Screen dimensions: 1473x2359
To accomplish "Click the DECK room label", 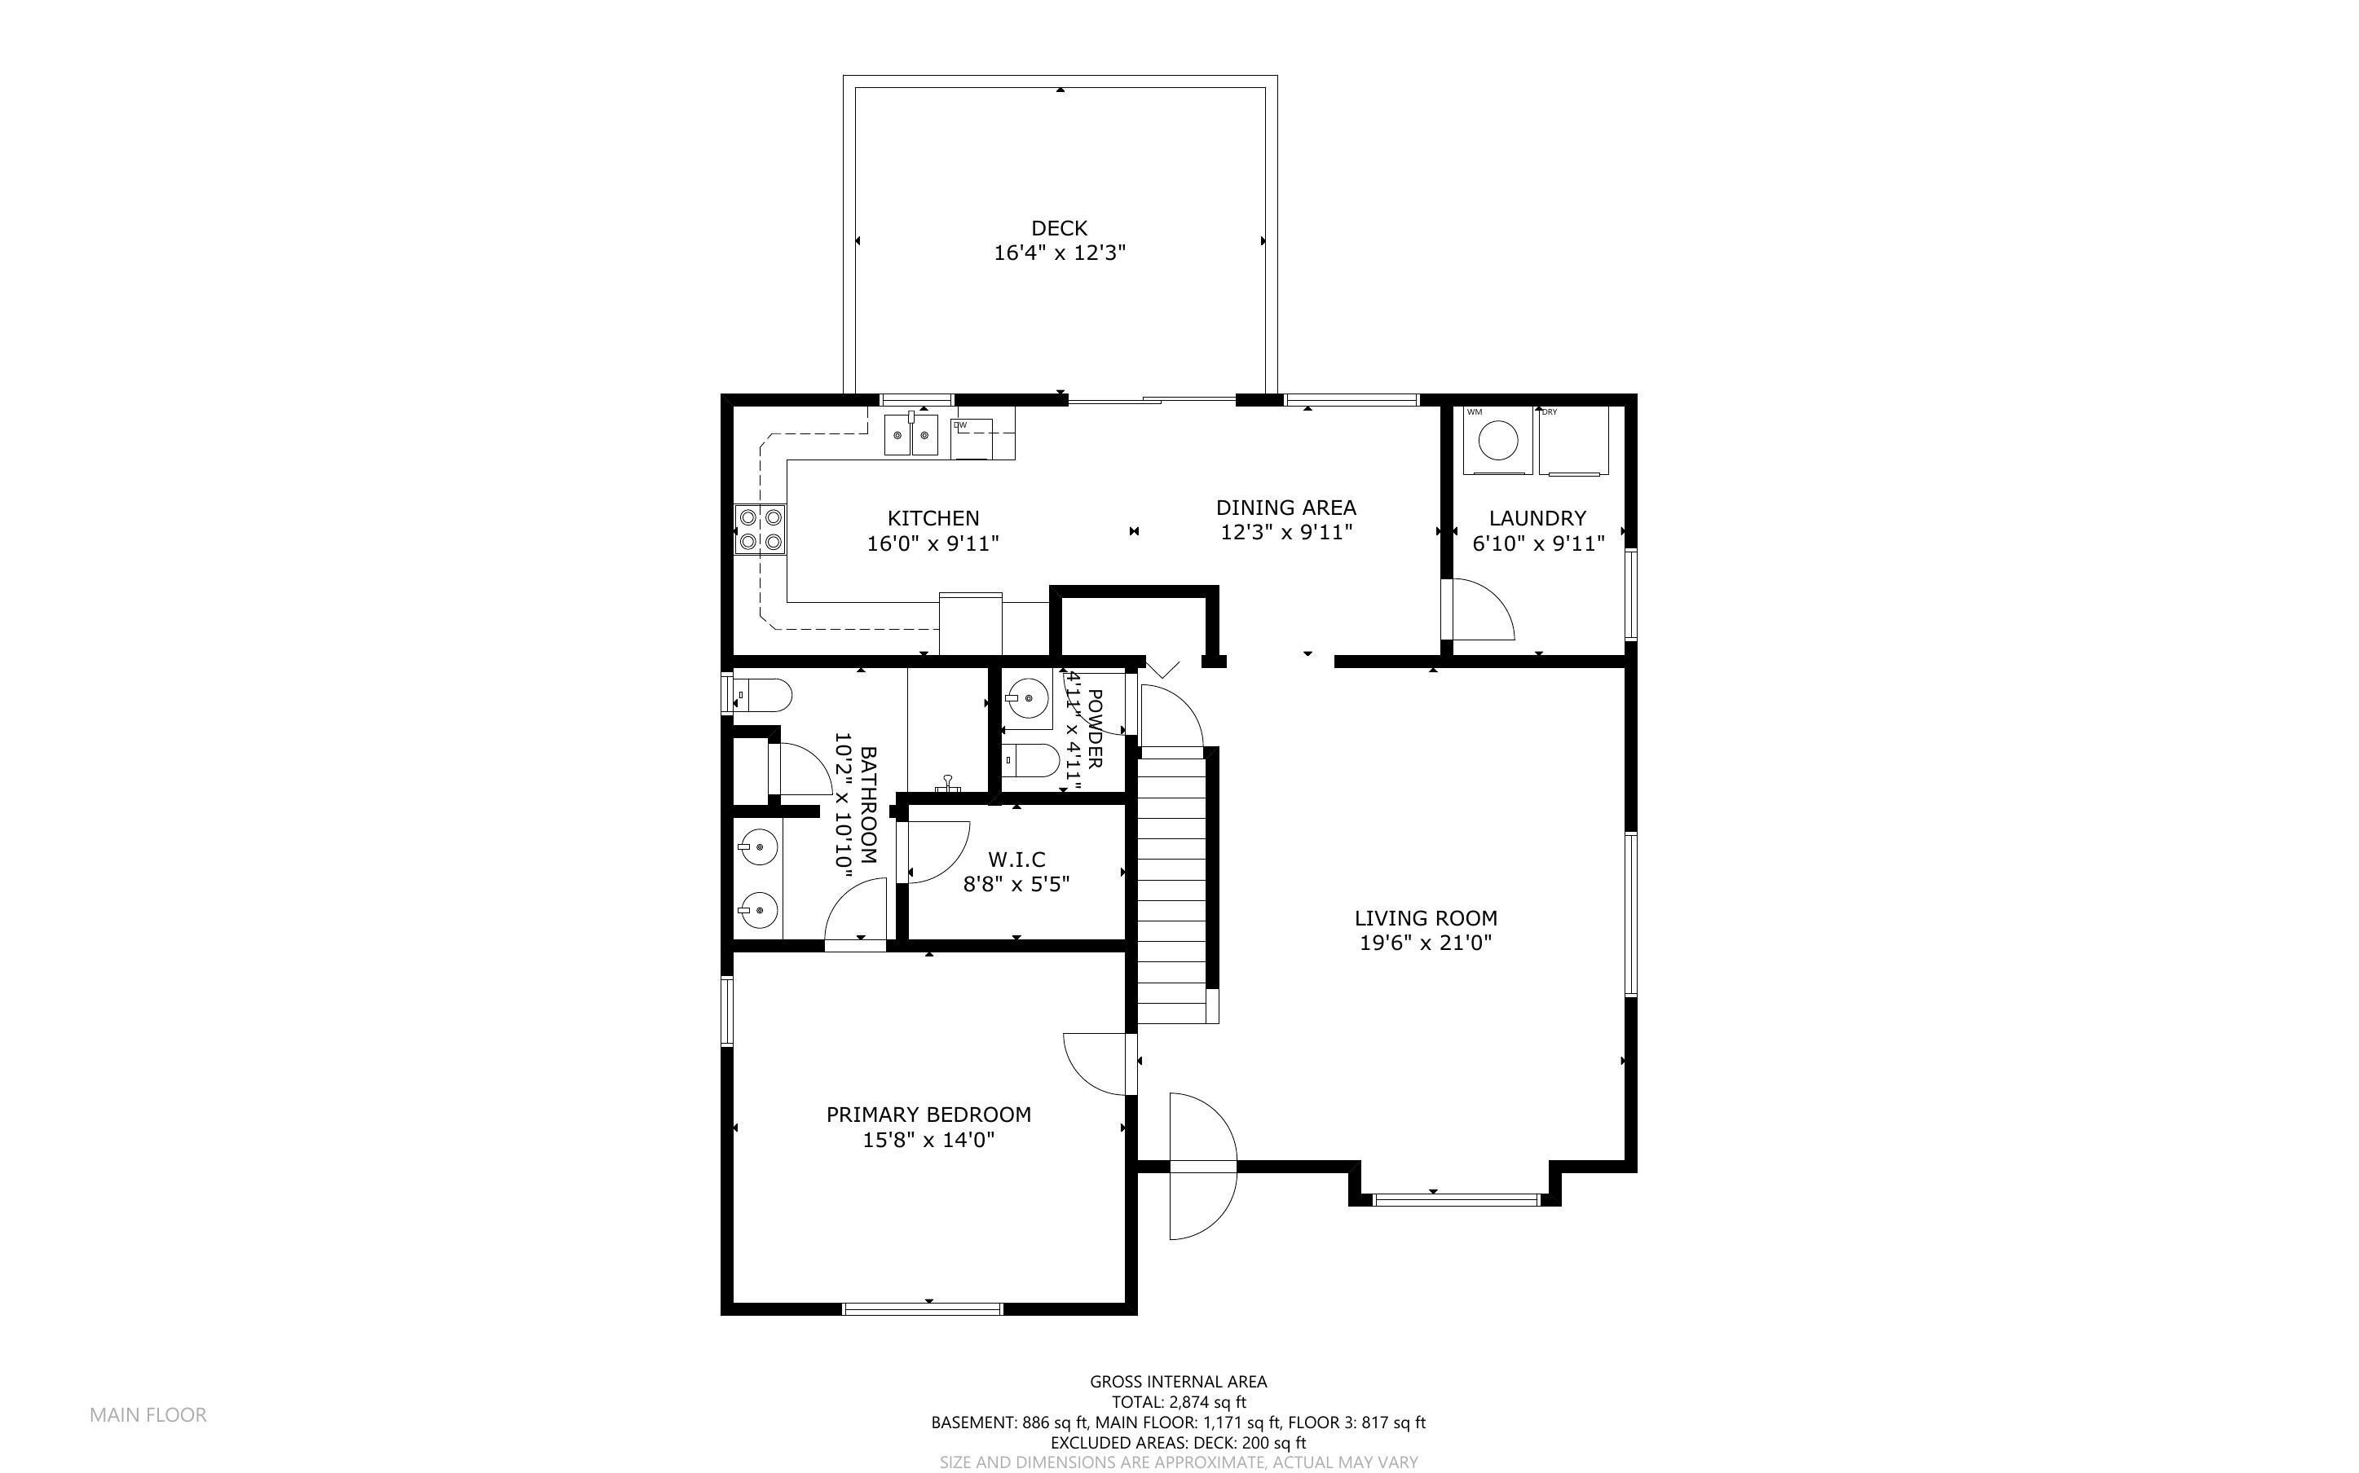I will (x=1059, y=228).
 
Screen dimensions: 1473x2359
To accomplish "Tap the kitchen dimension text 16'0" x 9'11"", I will (x=933, y=543).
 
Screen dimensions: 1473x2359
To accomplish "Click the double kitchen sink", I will (x=911, y=434).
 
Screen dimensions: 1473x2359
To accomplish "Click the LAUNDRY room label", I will (x=1537, y=518).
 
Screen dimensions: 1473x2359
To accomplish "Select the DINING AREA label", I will (x=1285, y=508).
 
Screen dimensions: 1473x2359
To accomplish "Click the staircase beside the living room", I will (x=1173, y=886).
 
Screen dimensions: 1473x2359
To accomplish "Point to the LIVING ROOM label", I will (x=1426, y=917).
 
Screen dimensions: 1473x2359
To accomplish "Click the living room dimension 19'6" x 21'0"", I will (x=1426, y=943).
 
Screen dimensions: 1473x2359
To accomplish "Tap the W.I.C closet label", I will (x=1016, y=860).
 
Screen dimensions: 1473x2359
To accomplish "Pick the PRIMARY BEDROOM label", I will (x=928, y=1115).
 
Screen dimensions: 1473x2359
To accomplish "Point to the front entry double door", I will (x=1202, y=1166).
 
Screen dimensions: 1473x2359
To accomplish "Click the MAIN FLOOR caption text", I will (x=148, y=1414).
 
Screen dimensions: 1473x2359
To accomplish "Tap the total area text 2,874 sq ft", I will (x=1178, y=1402).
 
